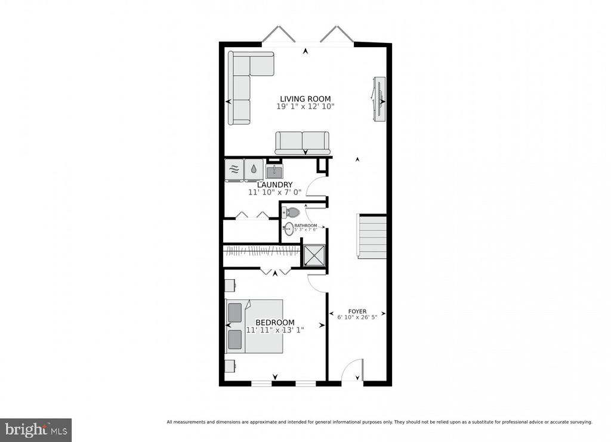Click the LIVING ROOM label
point(305,99)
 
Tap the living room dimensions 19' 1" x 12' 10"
point(305,106)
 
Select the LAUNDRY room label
point(274,184)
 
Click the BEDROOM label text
point(274,323)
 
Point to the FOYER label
point(357,311)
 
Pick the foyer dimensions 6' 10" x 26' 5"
point(357,317)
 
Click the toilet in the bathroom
point(291,212)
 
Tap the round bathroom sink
point(289,229)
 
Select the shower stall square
point(314,255)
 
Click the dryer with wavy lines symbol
point(234,170)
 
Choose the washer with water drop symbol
point(254,170)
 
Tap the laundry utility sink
point(275,171)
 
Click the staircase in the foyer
point(372,236)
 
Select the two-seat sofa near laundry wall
point(302,143)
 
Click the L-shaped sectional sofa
point(245,88)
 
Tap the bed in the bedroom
point(255,326)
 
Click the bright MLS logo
point(36,430)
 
